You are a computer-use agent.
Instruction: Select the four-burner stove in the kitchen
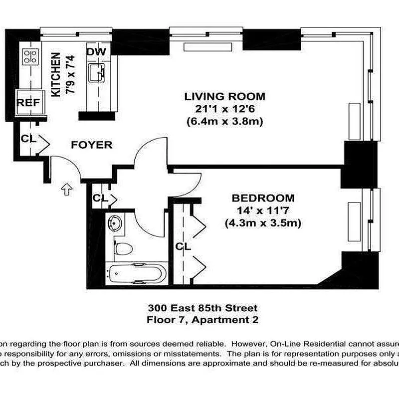coord(30,56)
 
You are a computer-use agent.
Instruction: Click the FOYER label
coord(91,145)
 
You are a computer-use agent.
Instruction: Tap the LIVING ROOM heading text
coord(225,96)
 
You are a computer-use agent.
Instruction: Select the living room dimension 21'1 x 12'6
coord(225,109)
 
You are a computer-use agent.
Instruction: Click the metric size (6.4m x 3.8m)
coord(225,121)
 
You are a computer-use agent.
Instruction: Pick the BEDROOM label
coord(263,198)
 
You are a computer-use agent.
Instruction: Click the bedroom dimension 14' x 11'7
coord(263,210)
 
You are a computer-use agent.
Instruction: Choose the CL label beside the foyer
coord(28,139)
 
